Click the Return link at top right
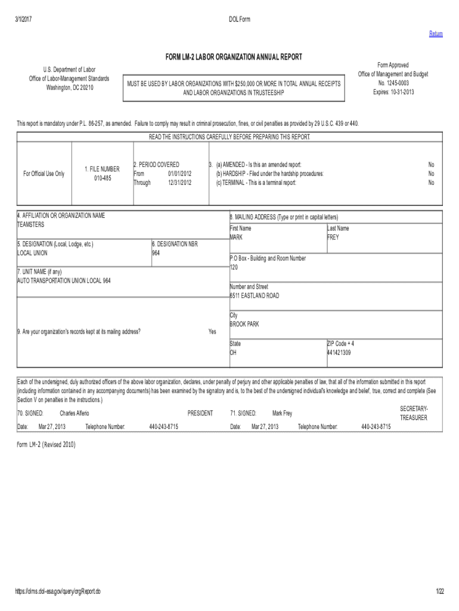[436, 34]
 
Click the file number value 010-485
[98, 178]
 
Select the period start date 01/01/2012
[179, 174]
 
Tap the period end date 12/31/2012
[179, 183]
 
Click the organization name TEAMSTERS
[31, 225]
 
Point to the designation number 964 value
[156, 253]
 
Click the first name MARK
[237, 237]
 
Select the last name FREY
[333, 237]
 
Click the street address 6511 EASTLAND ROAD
[255, 296]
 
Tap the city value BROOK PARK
[244, 325]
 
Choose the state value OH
[234, 353]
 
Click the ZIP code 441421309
[339, 353]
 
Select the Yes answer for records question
[212, 332]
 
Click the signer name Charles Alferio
[75, 413]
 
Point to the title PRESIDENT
[200, 413]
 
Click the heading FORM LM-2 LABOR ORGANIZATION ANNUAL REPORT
[234, 57]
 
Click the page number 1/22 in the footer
[440, 591]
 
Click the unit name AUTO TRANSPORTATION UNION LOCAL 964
[64, 280]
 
